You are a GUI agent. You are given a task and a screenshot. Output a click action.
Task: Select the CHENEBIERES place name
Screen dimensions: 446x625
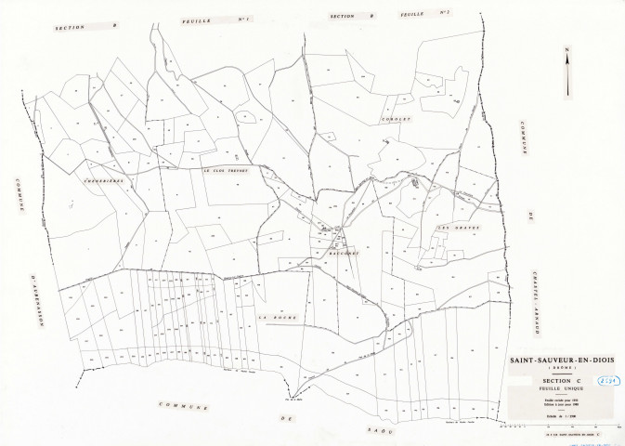coord(106,181)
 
